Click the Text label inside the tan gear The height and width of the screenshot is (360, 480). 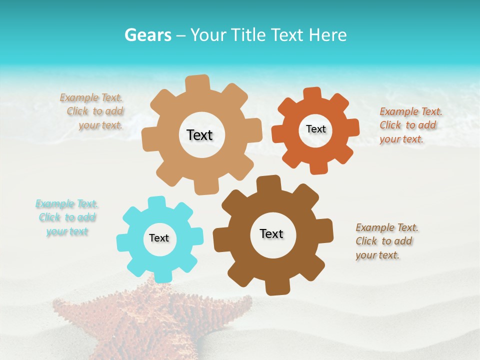click(199, 135)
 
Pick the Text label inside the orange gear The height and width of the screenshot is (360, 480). click(315, 129)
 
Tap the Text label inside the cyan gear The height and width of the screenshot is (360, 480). click(159, 238)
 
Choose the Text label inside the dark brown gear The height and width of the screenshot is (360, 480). click(271, 233)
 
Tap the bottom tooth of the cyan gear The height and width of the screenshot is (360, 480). click(162, 275)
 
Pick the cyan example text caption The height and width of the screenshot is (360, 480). click(67, 217)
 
